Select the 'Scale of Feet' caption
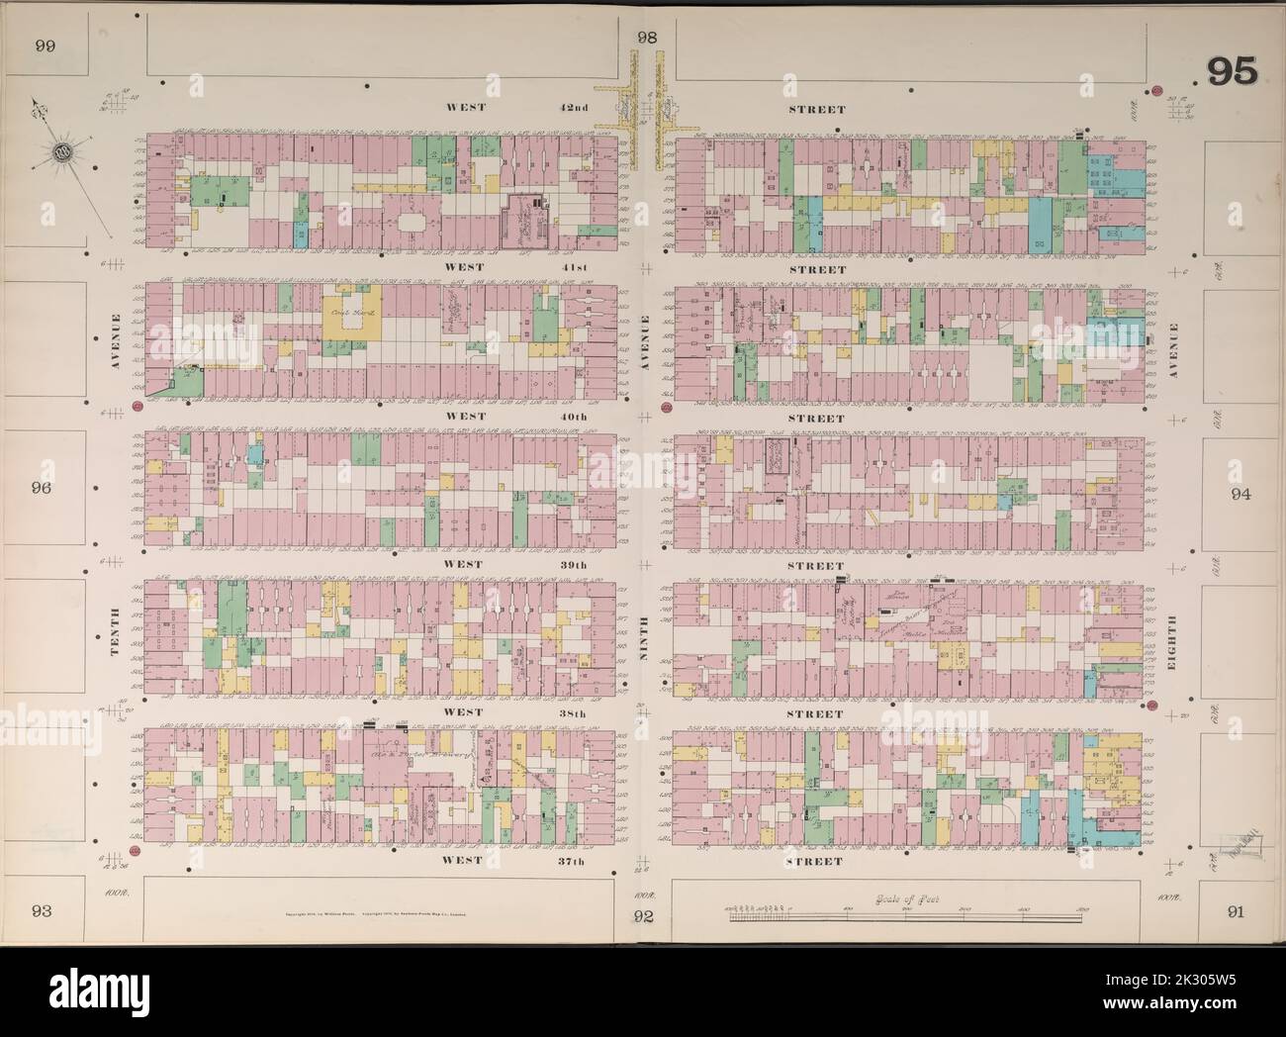pyautogui.click(x=897, y=899)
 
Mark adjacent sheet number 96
pyautogui.click(x=42, y=488)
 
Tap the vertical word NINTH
pyautogui.click(x=646, y=637)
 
